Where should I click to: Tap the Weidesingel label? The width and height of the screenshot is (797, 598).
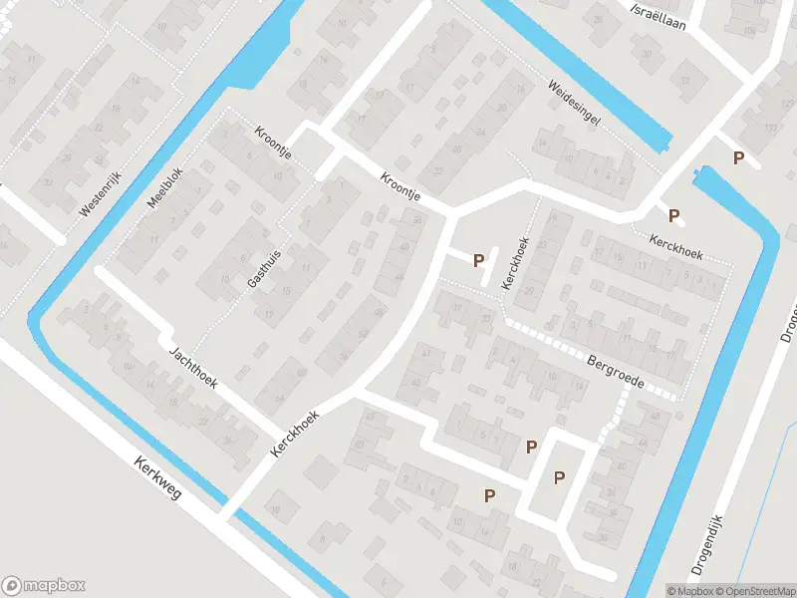pos(574,103)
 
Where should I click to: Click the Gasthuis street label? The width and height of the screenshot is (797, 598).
pos(264,268)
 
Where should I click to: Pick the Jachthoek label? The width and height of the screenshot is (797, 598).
pos(193,366)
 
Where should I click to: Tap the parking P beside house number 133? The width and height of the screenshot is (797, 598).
pos(738,157)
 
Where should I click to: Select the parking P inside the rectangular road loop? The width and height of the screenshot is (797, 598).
pos(559,477)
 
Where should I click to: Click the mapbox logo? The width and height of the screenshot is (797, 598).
pos(44,586)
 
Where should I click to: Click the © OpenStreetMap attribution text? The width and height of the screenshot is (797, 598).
pos(754,591)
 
